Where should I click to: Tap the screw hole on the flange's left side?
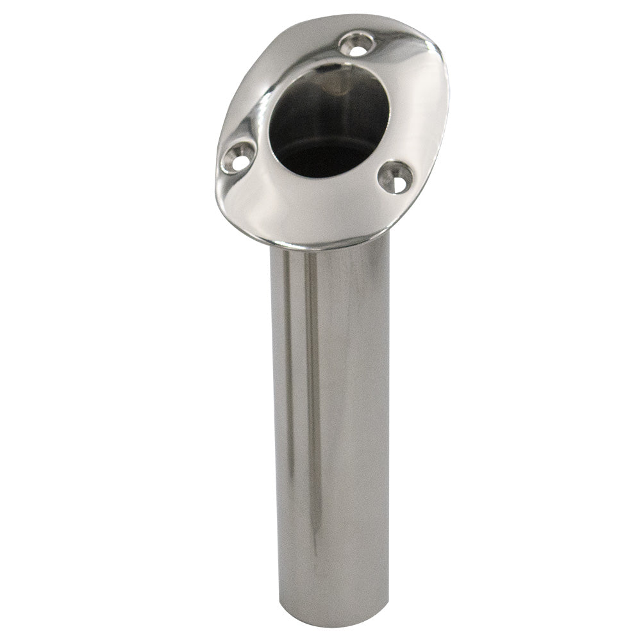point(238,157)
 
